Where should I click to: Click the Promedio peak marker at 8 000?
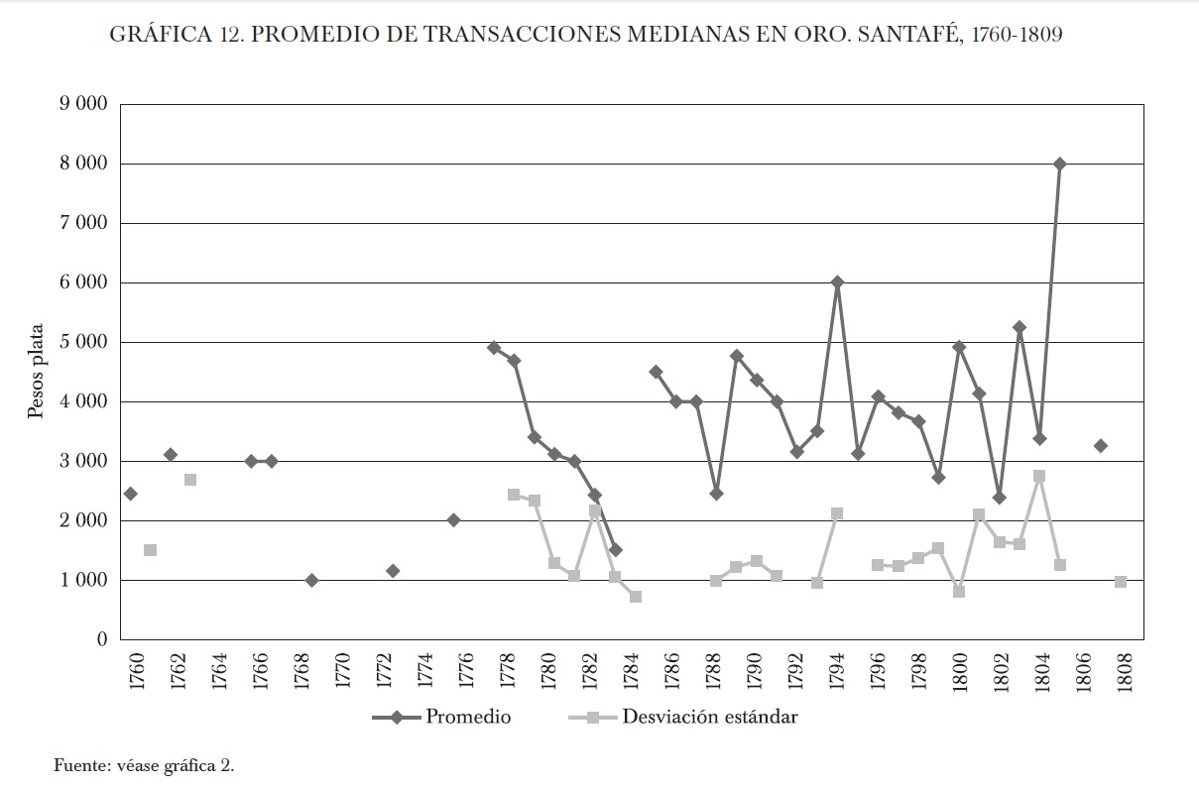[x=1059, y=164]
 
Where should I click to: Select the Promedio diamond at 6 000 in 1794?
[x=837, y=282]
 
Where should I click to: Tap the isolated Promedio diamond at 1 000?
[x=311, y=580]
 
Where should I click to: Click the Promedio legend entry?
[x=467, y=717]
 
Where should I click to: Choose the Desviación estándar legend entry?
[x=709, y=717]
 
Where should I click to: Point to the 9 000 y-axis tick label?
[x=81, y=105]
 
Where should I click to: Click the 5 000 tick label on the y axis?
[x=81, y=342]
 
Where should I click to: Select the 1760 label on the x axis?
[x=137, y=672]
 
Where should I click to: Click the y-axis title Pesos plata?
[x=36, y=372]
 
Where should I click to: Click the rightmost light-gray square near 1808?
[x=1120, y=582]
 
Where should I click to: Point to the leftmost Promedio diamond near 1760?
[x=130, y=494]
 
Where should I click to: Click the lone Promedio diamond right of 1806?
[x=1100, y=446]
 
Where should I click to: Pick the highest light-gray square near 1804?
[x=1039, y=476]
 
